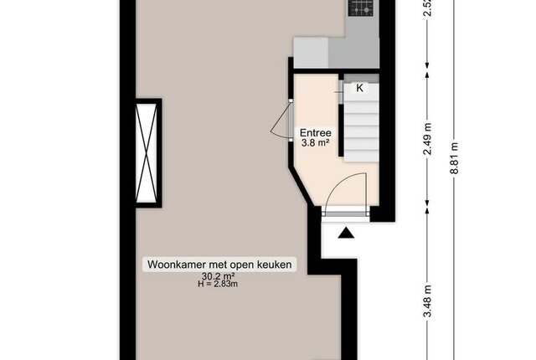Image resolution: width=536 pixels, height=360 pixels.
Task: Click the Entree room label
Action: (x=315, y=132)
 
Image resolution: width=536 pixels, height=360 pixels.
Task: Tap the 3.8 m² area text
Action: (x=315, y=143)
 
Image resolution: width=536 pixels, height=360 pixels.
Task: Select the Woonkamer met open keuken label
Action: (x=219, y=265)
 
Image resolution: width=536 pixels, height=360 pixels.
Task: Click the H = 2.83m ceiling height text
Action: (x=218, y=284)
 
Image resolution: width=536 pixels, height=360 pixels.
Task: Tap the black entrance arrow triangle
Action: (x=346, y=234)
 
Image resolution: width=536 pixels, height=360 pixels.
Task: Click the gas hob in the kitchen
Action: (x=360, y=8)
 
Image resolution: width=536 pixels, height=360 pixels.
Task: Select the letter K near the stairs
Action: (x=359, y=88)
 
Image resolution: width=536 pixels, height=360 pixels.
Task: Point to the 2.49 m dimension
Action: (x=428, y=139)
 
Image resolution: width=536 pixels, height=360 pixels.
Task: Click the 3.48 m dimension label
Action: (x=428, y=301)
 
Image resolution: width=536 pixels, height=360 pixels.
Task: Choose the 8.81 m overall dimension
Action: (x=454, y=158)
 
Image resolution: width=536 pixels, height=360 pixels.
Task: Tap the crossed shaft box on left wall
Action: (x=147, y=153)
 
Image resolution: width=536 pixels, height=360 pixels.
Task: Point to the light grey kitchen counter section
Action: (x=311, y=53)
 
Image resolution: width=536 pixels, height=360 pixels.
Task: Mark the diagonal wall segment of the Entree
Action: (x=302, y=186)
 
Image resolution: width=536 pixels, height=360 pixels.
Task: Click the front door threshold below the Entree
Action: (x=346, y=214)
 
